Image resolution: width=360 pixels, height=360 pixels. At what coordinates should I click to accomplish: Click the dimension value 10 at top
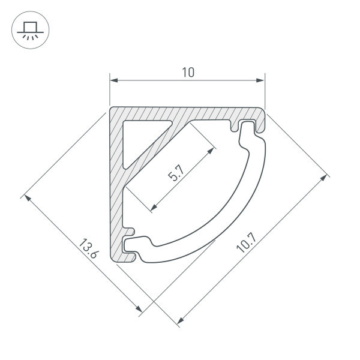pos(188,72)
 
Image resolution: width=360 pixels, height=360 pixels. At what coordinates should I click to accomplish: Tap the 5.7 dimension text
pos(176,173)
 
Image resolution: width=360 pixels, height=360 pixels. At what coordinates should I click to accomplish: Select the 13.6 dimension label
pos(89,248)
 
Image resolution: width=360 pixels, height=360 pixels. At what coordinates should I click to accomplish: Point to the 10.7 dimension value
pos(246,242)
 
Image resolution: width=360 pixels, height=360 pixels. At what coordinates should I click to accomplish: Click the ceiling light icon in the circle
pos(31,30)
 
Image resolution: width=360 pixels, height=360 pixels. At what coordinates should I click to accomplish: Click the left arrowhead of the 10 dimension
pos(114,80)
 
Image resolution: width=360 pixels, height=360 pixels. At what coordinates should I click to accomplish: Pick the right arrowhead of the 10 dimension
pos(260,80)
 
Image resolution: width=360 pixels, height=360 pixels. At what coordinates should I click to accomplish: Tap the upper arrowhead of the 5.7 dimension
pos(211,151)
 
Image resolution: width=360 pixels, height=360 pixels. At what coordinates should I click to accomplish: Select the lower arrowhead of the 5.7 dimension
pos(154,207)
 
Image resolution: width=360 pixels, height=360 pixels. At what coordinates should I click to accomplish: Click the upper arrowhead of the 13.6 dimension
pos(28,198)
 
